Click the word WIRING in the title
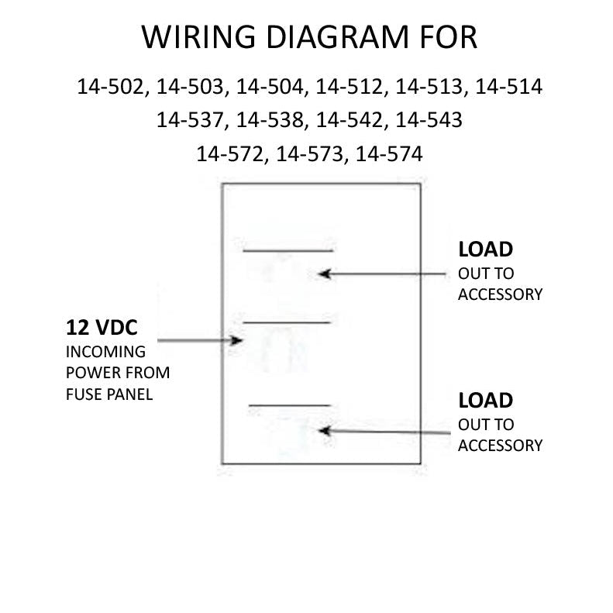click(x=198, y=37)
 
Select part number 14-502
click(x=111, y=86)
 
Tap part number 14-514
click(x=508, y=86)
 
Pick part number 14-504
click(x=270, y=86)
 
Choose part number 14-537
click(x=190, y=119)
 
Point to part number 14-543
click(x=429, y=119)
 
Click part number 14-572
click(x=230, y=153)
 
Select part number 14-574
click(x=389, y=153)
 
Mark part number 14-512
click(x=349, y=86)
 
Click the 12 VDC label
click(x=102, y=328)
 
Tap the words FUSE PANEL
click(x=109, y=394)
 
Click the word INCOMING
click(x=105, y=352)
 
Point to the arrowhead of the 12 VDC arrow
click(x=236, y=340)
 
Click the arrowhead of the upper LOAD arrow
click(x=324, y=274)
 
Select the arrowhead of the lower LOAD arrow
click(x=325, y=431)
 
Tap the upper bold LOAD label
click(x=486, y=250)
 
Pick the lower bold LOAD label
click(x=486, y=401)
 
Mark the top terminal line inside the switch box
click(x=288, y=250)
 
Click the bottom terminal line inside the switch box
click(x=290, y=405)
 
